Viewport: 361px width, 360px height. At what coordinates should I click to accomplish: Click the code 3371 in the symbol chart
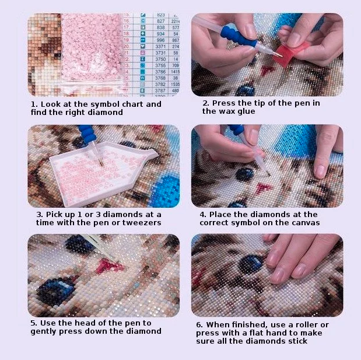pos(160,47)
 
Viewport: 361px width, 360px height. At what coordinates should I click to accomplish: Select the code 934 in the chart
pos(160,34)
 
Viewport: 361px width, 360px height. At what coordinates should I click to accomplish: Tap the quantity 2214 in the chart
pos(176,21)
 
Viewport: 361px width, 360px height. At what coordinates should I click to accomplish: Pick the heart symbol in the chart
pos(143,47)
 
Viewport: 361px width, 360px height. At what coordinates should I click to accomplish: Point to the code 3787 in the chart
pos(160,91)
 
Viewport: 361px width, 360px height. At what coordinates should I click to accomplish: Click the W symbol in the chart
pos(143,78)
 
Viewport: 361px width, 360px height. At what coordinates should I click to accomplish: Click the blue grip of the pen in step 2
pos(237,36)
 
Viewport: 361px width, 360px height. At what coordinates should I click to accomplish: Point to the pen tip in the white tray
pos(101,164)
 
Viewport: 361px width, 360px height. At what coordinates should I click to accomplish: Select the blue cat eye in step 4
pos(244,174)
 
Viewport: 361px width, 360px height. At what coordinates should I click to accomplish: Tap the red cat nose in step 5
pos(108,265)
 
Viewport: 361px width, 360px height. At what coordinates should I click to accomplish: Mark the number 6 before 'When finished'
pos(199,325)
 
